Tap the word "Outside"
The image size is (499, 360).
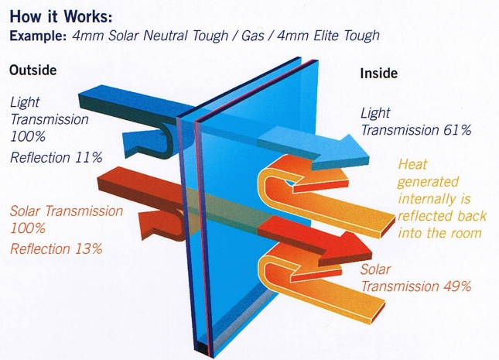pos(33,69)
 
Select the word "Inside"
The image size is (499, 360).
pos(379,74)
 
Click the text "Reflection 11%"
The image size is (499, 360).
pos(56,158)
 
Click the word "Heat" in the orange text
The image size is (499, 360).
pos(412,164)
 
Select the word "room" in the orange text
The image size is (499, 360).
pos(464,232)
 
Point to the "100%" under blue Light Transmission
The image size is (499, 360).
pos(28,137)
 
